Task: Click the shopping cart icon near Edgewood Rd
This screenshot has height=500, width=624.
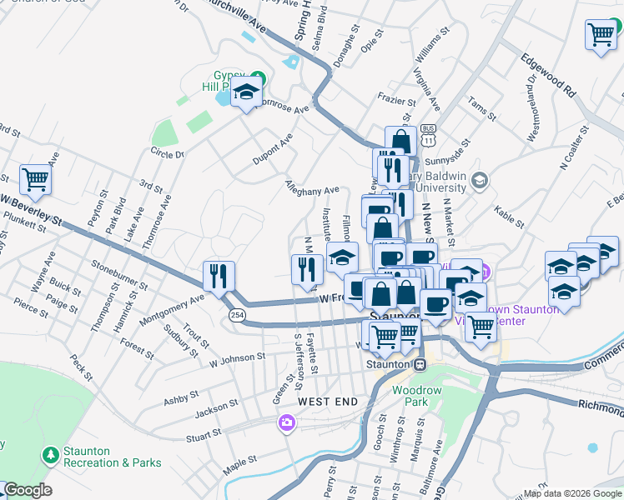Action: pyautogui.click(x=600, y=35)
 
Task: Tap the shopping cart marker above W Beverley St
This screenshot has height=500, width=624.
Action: pyautogui.click(x=35, y=178)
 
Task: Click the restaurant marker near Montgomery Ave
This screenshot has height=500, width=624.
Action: pyautogui.click(x=219, y=276)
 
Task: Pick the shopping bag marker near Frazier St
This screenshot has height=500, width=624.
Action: pyautogui.click(x=400, y=141)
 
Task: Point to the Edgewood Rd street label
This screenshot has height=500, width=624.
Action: pyautogui.click(x=548, y=74)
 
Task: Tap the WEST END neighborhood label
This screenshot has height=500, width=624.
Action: pyautogui.click(x=328, y=402)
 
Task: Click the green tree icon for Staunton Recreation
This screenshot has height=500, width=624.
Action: pyautogui.click(x=51, y=455)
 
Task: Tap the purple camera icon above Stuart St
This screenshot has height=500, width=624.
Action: pyautogui.click(x=287, y=424)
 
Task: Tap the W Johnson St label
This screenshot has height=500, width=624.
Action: pyautogui.click(x=237, y=359)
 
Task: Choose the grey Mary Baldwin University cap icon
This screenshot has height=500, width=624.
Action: pyautogui.click(x=480, y=180)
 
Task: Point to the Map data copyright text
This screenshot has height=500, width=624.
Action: pyautogui.click(x=572, y=493)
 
